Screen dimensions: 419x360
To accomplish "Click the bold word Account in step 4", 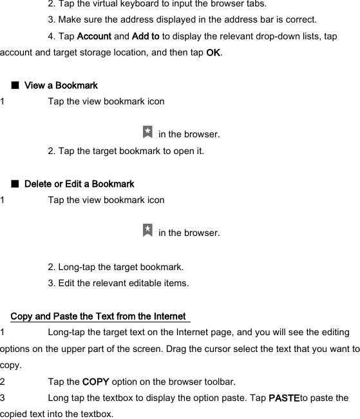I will pos(94,37).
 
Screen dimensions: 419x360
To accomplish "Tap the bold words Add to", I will pos(146,37).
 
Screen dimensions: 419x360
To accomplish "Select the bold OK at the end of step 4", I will pos(213,53).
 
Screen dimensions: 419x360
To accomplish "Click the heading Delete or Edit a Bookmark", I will pos(79,184).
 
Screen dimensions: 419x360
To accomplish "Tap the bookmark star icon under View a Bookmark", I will pos(147,132).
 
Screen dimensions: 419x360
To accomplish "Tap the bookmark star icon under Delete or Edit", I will pos(147,230).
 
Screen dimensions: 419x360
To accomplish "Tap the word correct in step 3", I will pos(300,20).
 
